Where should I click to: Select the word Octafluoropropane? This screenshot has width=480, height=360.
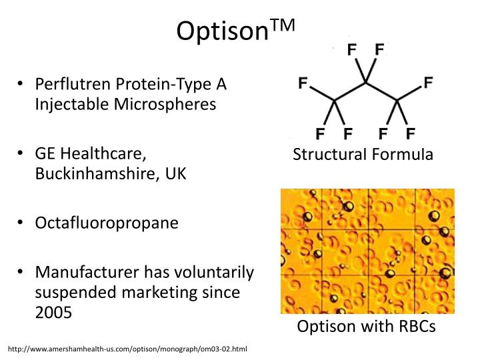pos(107,223)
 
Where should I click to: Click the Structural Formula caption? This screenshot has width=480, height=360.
pos(363,155)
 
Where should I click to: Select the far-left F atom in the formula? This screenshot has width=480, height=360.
pos(303,83)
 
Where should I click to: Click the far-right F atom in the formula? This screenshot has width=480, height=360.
pos(427,83)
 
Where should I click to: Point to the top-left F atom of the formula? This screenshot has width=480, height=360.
pos(351,49)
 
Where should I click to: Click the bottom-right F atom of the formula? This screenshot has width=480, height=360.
pos(411,132)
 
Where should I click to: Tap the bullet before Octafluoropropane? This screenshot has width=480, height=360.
pos(21,223)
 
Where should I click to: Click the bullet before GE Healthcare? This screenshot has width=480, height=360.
pos(21,154)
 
